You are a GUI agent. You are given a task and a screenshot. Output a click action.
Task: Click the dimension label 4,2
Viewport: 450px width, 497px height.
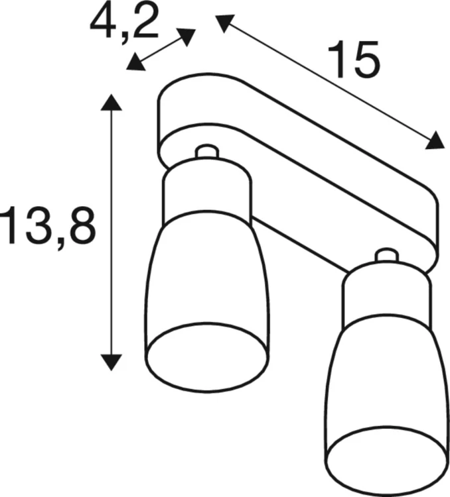tap(124, 22)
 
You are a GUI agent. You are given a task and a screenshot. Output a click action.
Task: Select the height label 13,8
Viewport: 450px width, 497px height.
tap(48, 225)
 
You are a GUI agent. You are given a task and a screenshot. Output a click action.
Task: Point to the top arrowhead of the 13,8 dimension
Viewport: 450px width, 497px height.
tap(111, 102)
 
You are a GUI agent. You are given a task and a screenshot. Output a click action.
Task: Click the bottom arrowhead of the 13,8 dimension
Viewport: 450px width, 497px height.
tap(111, 361)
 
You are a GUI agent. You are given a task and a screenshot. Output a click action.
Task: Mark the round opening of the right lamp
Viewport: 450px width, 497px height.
tap(385, 461)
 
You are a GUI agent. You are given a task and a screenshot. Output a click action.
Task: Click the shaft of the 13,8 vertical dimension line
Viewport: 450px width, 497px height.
tap(111, 232)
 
